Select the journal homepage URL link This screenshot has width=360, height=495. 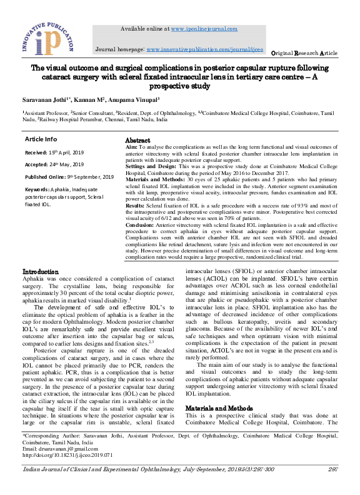[205, 49]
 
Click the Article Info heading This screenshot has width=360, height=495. [41, 139]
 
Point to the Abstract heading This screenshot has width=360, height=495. [137, 141]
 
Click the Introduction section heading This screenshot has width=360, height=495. [41, 272]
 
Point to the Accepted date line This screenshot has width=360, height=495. [54, 165]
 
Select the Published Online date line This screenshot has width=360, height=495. [69, 177]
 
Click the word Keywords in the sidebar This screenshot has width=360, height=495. [37, 189]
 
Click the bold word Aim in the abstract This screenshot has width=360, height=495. [131, 147]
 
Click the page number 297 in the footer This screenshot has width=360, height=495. [330, 469]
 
